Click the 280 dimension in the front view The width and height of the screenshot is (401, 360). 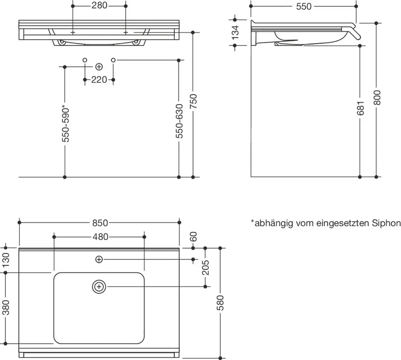99,5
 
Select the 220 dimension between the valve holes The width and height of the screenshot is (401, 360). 99,80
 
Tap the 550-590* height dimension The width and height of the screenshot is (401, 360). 65,123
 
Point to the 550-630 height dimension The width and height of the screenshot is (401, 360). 180,121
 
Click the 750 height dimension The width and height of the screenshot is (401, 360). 194,101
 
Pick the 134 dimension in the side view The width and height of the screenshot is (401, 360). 235,32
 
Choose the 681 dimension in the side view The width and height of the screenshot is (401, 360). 360,108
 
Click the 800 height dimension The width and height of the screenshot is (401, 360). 377,97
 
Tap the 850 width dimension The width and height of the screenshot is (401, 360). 100,223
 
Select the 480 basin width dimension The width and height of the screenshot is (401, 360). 100,237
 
